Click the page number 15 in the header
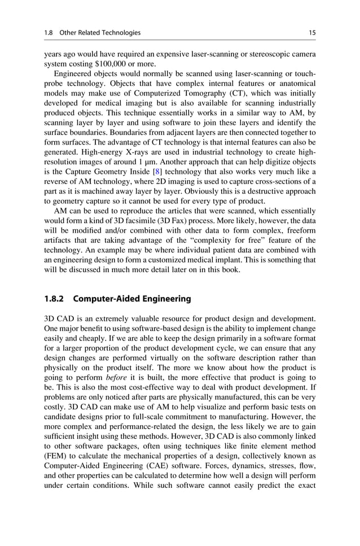click(x=312, y=33)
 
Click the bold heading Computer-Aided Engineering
click(x=133, y=299)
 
